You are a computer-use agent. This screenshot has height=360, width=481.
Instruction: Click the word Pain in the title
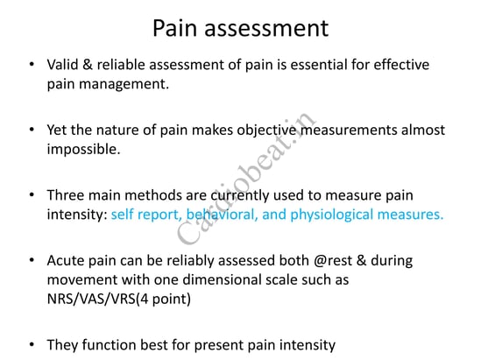(174, 28)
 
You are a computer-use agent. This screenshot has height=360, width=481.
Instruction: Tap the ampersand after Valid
(88, 65)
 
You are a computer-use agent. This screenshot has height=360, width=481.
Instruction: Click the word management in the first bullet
(124, 85)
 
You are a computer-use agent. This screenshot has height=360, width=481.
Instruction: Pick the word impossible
(83, 150)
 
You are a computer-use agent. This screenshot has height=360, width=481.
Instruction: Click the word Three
(66, 195)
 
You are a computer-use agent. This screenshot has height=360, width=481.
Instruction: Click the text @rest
(333, 261)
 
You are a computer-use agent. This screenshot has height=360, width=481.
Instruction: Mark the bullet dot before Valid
(32, 65)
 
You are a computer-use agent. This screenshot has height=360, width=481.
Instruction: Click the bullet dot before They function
(32, 344)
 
